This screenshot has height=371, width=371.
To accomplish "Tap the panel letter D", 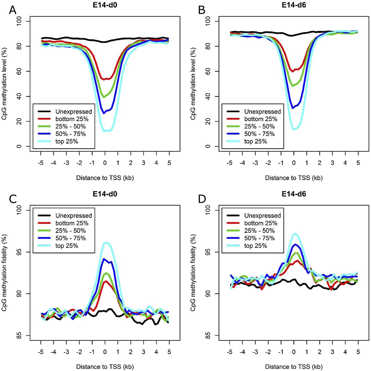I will (x=202, y=199).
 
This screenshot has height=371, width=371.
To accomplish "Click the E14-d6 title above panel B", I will (x=294, y=5).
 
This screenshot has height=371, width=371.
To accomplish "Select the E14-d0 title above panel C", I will (x=105, y=194).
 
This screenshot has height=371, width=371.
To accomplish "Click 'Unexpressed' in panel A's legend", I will (x=74, y=112).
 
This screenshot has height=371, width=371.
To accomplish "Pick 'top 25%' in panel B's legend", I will (x=255, y=142).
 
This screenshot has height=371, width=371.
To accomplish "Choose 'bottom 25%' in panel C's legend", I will (x=72, y=223).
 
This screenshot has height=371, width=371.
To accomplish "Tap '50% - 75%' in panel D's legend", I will (x=259, y=238).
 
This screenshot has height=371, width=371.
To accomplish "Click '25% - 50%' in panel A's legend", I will (x=70, y=126).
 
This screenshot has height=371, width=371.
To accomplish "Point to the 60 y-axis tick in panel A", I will (x=19, y=71).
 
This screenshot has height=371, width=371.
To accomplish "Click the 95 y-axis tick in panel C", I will (x=19, y=252).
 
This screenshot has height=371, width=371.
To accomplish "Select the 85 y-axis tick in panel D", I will (x=208, y=336).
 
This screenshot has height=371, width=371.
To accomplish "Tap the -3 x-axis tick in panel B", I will (x=255, y=163).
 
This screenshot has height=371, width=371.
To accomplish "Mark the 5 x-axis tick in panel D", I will (x=358, y=352).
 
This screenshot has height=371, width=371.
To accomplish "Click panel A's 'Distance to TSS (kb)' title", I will (x=105, y=178).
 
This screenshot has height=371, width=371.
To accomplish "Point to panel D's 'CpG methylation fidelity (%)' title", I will (x=193, y=273).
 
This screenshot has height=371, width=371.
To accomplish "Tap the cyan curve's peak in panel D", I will (x=295, y=234).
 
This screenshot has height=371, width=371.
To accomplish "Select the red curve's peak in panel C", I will (x=106, y=281).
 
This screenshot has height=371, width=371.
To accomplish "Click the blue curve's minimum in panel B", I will (x=293, y=108).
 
